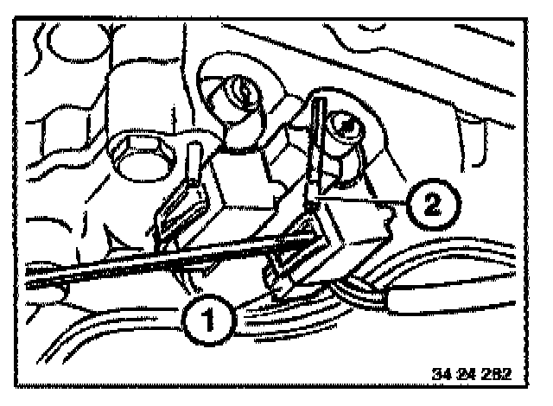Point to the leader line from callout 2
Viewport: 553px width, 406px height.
point(363,200)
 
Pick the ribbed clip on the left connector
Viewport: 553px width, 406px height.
point(177,212)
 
